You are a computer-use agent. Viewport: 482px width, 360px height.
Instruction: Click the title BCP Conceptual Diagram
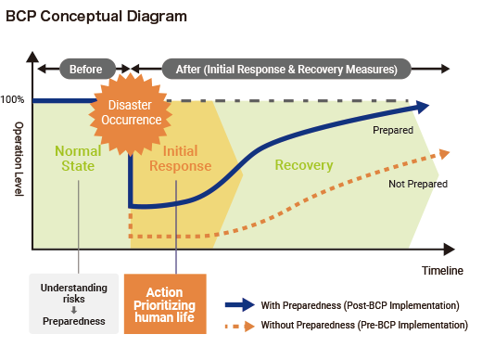pyautogui.click(x=95, y=16)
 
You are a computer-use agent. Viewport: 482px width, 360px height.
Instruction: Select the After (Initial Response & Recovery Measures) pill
pyautogui.click(x=286, y=69)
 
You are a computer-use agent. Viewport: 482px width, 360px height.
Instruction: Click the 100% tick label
pyautogui.click(x=13, y=99)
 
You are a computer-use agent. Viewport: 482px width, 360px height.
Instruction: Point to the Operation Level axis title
pyautogui.click(x=17, y=159)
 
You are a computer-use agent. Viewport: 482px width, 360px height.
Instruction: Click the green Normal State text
pyautogui.click(x=78, y=159)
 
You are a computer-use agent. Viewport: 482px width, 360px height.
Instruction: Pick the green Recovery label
pyautogui.click(x=303, y=165)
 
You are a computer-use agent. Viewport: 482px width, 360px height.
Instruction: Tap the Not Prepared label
pyautogui.click(x=417, y=184)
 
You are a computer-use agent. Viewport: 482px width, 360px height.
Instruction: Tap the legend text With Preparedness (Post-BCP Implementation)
pyautogui.click(x=360, y=305)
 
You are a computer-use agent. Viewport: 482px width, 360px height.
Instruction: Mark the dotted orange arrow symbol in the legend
pyautogui.click(x=239, y=325)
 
